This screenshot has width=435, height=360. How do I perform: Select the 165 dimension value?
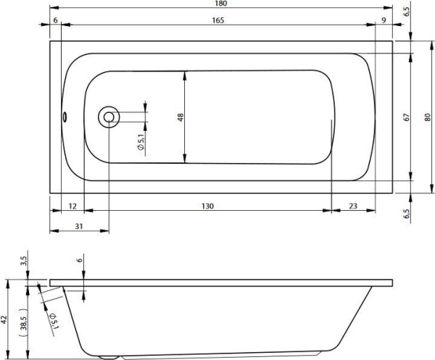tap(216, 21)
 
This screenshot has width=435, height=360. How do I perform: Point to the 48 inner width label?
tap(181, 117)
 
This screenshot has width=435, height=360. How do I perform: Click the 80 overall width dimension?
tap(428, 117)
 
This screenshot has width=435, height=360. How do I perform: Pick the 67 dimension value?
tap(407, 117)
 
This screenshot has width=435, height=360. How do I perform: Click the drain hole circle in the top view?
tap(109, 117)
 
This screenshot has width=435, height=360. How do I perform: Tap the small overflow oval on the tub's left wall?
tap(63, 117)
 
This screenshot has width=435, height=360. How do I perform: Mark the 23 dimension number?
tap(352, 206)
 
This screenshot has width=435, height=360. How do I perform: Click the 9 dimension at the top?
tap(383, 21)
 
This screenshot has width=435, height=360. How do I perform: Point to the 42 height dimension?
tap(4, 319)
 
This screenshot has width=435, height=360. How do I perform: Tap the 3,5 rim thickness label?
tap(24, 260)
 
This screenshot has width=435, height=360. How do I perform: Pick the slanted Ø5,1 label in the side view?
tap(52, 319)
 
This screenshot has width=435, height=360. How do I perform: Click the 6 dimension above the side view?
tap(80, 262)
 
